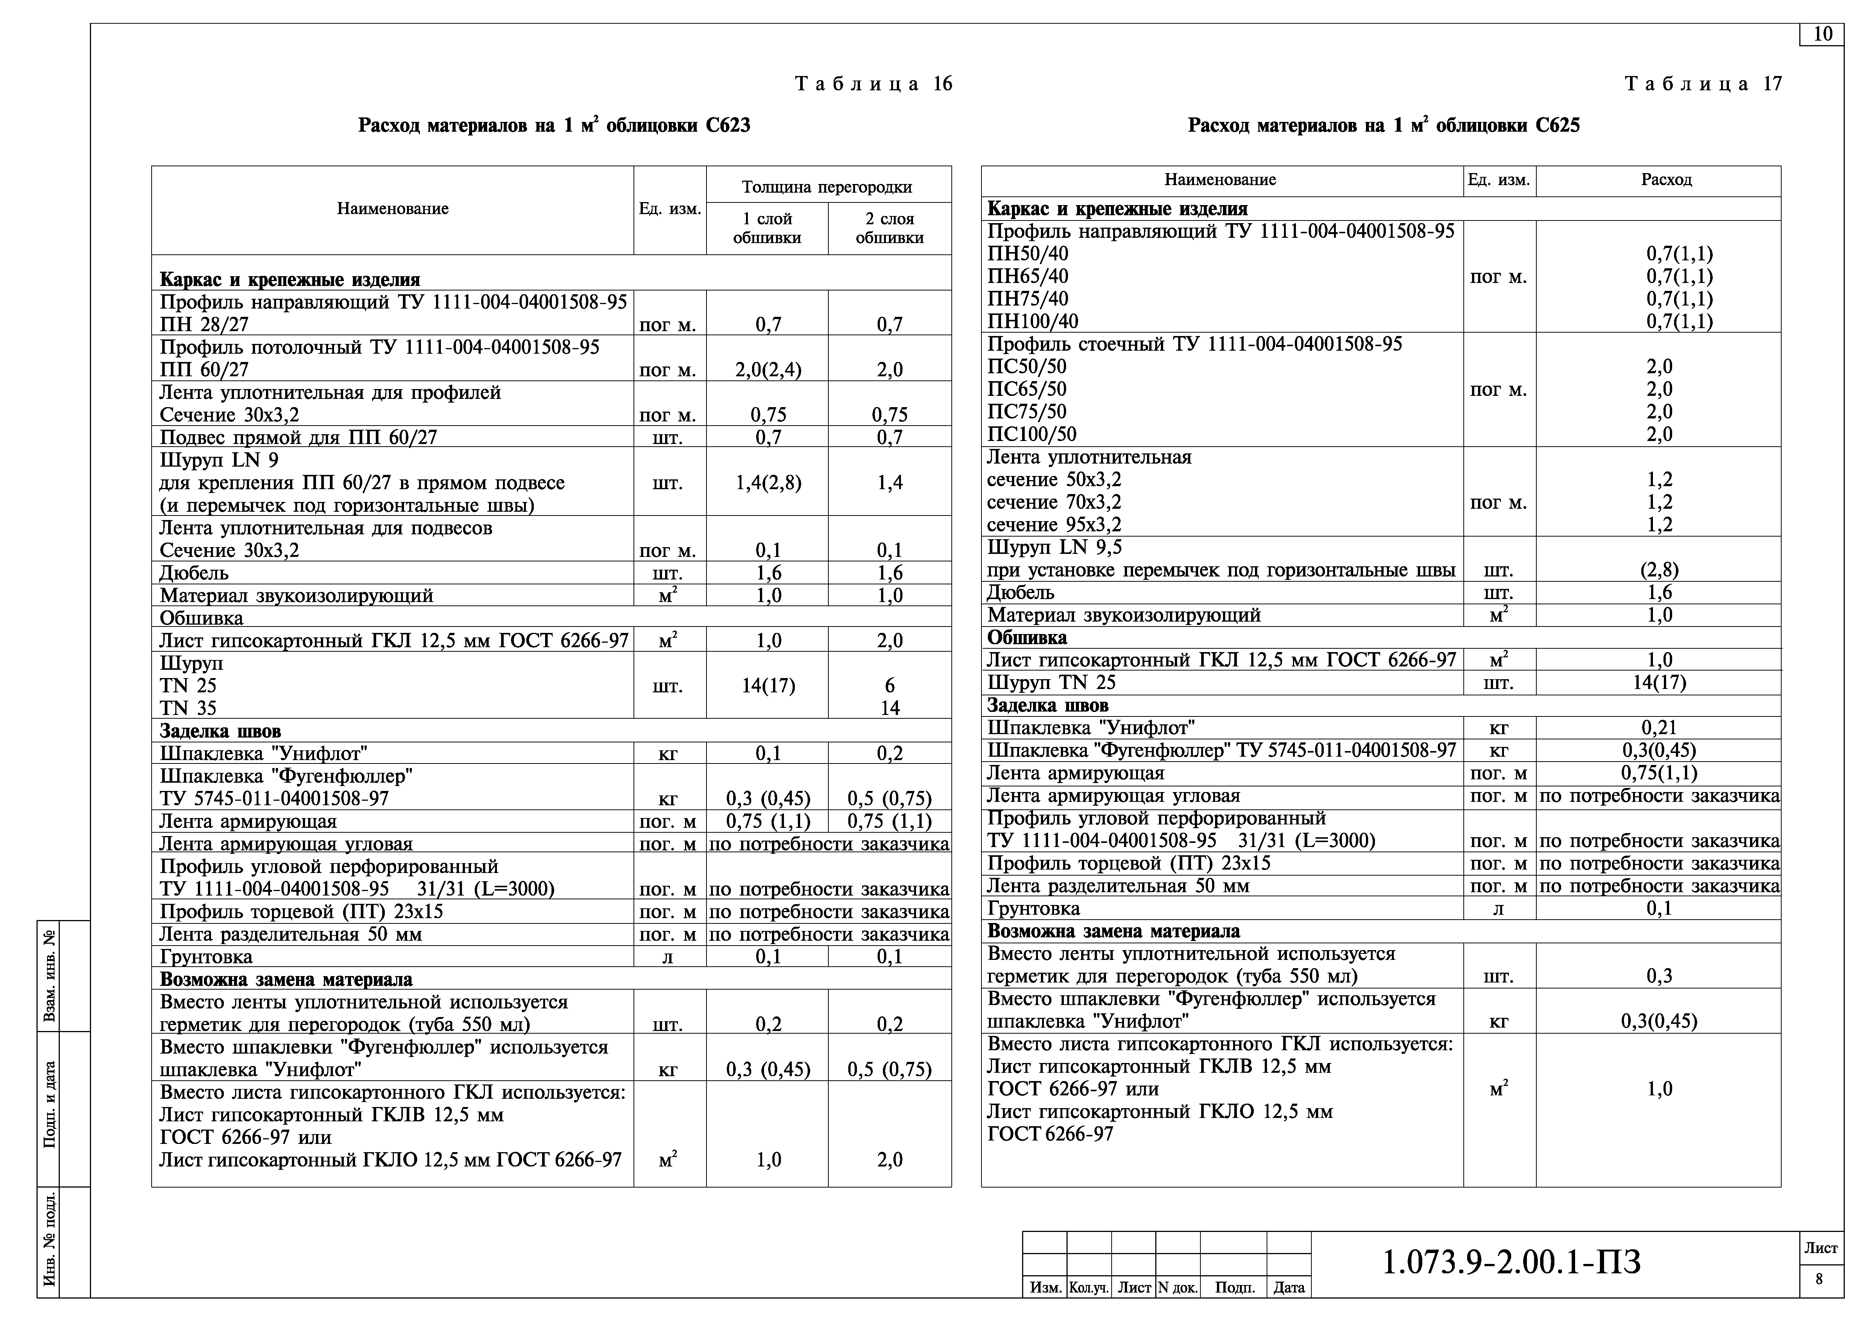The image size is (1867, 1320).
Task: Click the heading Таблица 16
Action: (873, 84)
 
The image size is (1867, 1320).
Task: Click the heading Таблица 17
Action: (1703, 84)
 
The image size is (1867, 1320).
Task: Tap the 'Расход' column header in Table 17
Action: (1666, 180)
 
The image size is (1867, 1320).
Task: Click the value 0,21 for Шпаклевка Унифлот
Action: (1659, 728)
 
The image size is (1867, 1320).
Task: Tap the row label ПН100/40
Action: (1033, 321)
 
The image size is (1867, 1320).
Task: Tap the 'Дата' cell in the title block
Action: (1289, 1288)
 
